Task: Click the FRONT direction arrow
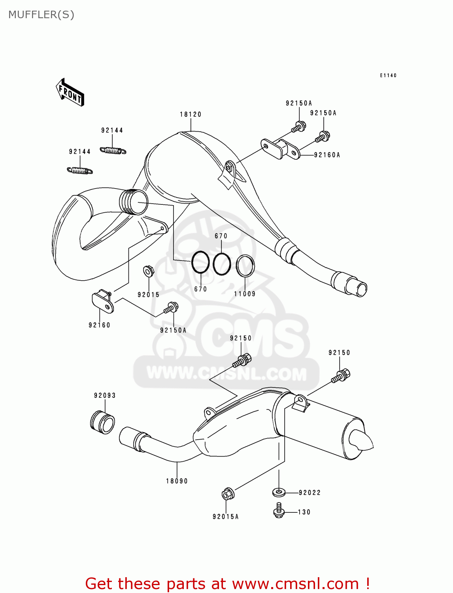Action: pyautogui.click(x=70, y=93)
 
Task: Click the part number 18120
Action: pyautogui.click(x=191, y=114)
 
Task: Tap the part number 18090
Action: pyautogui.click(x=177, y=481)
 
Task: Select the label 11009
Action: pyautogui.click(x=245, y=294)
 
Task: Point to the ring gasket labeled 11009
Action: pyautogui.click(x=245, y=266)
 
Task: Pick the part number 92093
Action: pyautogui.click(x=105, y=395)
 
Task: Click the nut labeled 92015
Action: pyautogui.click(x=148, y=271)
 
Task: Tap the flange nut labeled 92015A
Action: pyautogui.click(x=228, y=494)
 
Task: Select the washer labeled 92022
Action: pyautogui.click(x=279, y=493)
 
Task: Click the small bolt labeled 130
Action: pyautogui.click(x=279, y=511)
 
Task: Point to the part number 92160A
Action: pyautogui.click(x=327, y=155)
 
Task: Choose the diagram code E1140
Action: pyautogui.click(x=388, y=75)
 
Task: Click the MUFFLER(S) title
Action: pyautogui.click(x=41, y=15)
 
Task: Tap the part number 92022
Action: pyautogui.click(x=310, y=493)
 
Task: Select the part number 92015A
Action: pyautogui.click(x=225, y=517)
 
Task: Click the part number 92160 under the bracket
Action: pyautogui.click(x=99, y=325)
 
